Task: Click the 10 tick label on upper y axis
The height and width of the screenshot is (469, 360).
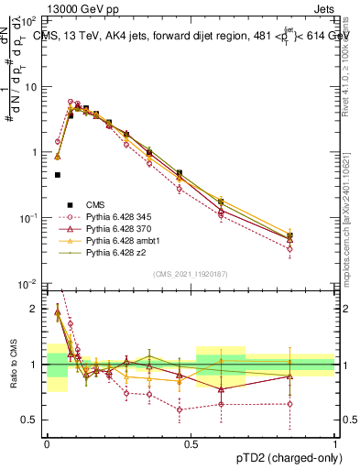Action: tap(30, 86)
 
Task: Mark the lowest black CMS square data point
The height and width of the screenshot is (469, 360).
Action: tap(58, 174)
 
